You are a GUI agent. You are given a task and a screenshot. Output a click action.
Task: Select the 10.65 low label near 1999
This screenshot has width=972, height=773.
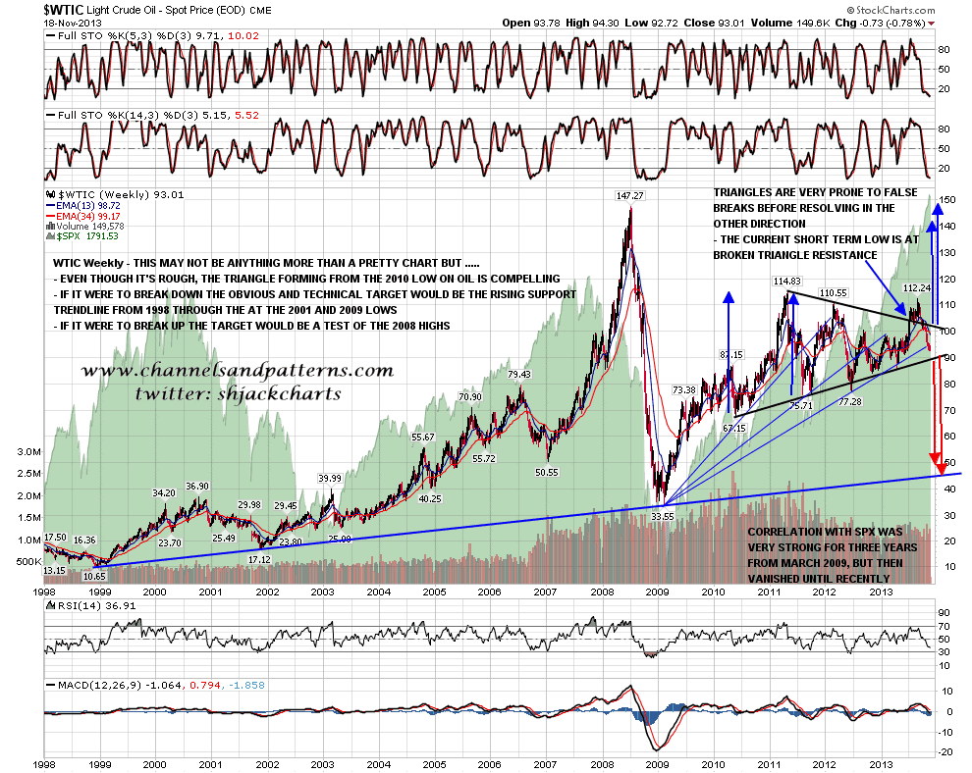[94, 576]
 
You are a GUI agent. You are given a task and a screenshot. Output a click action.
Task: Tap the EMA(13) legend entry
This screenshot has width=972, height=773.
[89, 205]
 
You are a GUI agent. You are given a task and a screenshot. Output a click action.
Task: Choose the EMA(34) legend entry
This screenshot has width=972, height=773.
[89, 216]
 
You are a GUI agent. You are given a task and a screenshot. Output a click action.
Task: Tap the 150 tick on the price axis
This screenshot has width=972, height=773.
[947, 200]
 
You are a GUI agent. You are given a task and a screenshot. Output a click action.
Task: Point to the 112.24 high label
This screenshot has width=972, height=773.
[915, 288]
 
